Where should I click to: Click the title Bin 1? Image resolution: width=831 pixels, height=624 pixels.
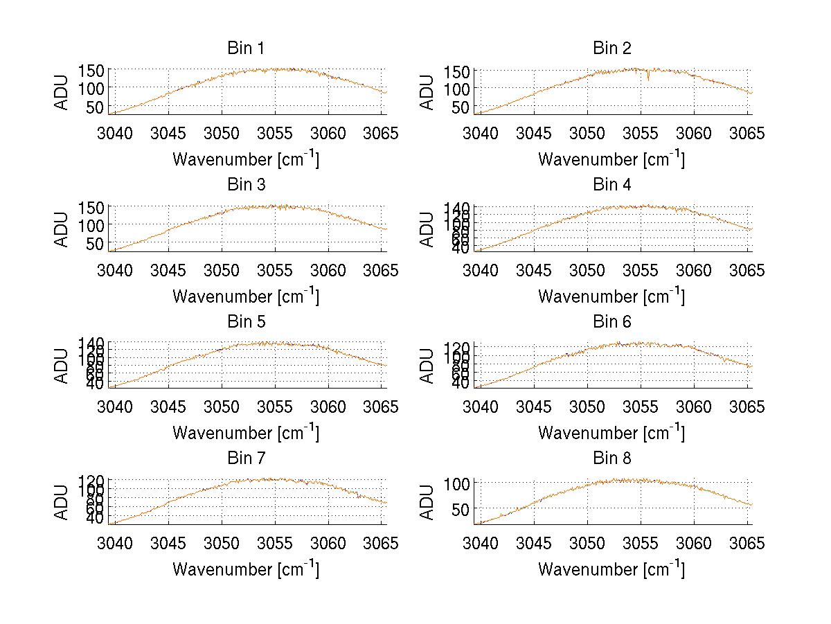(x=246, y=48)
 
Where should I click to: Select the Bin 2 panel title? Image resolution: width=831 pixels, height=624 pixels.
(x=612, y=48)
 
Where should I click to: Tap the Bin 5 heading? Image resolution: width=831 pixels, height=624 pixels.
(x=246, y=322)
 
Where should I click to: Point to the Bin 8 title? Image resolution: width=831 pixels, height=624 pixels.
(x=612, y=458)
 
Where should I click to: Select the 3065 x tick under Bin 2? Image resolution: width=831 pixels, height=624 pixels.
(x=748, y=132)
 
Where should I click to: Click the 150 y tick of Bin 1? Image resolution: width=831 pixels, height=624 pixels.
(x=91, y=70)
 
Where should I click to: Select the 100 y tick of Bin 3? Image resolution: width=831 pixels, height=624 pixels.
(x=91, y=225)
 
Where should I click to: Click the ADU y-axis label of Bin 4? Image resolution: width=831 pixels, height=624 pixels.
(x=427, y=229)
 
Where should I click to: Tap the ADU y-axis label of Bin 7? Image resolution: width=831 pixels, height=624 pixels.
(x=62, y=503)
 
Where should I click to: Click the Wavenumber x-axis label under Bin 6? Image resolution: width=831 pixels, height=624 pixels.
(x=611, y=433)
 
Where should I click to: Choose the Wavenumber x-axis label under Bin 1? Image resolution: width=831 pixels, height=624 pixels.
(x=246, y=159)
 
